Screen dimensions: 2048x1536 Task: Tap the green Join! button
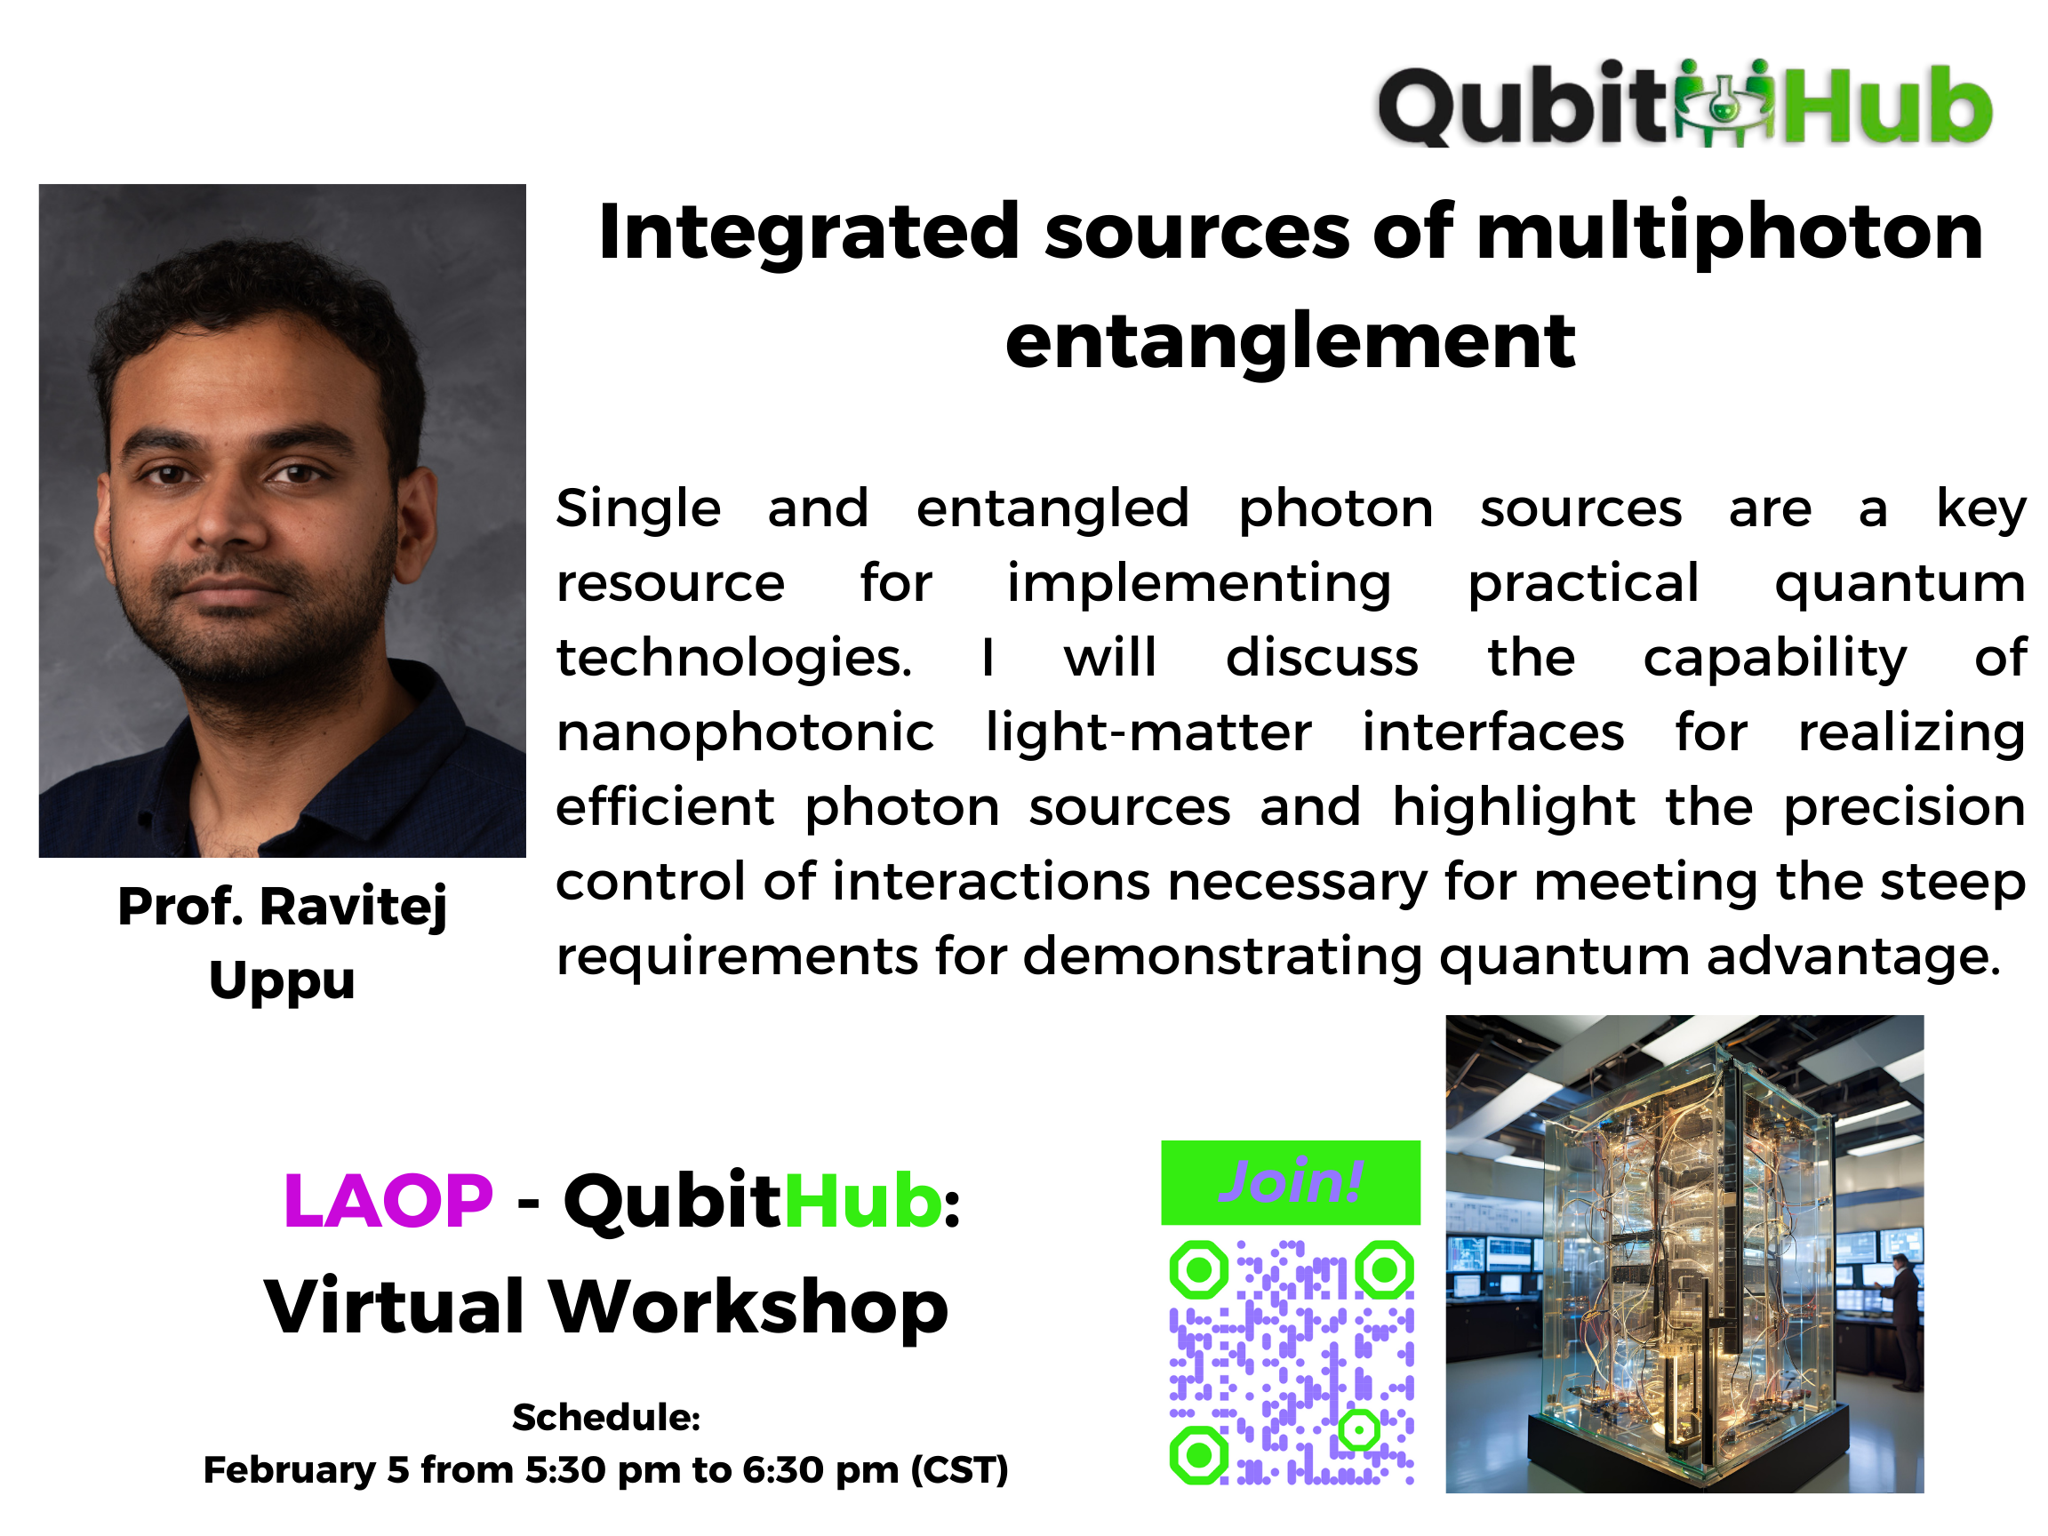coord(1290,1182)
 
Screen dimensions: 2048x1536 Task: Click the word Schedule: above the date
coord(605,1417)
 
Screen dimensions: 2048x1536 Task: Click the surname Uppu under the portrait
coord(282,981)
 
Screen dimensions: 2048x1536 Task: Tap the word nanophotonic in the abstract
coord(745,733)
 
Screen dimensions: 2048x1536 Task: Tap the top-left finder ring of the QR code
coord(1199,1269)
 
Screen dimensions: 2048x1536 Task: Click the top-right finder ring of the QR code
coord(1384,1269)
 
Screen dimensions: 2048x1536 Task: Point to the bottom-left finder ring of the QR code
coord(1199,1454)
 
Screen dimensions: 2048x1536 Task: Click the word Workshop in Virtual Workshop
coord(749,1307)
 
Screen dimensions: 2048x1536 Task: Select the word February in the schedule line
coord(290,1469)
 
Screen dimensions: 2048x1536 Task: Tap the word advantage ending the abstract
coord(1852,956)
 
